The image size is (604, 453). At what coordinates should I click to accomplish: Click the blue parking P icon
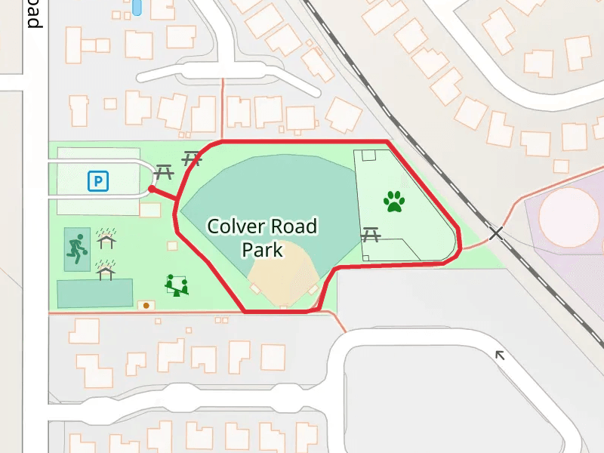point(98,181)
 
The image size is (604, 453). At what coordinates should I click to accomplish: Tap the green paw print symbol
point(394,202)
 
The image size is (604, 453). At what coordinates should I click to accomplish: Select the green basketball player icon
point(75,248)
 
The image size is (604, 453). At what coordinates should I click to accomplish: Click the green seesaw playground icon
point(177,285)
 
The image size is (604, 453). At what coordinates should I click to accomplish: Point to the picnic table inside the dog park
point(370,235)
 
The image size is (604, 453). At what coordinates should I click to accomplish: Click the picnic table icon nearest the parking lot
point(164,174)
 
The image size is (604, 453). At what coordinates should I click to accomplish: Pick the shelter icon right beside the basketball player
point(108,239)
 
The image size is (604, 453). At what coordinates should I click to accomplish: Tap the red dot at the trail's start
point(152,189)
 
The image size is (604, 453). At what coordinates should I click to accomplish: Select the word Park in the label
point(262,249)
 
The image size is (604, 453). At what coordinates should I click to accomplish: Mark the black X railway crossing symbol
point(496,233)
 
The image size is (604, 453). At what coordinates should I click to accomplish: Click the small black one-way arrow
point(499,354)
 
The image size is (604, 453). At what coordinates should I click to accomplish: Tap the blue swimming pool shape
point(137,7)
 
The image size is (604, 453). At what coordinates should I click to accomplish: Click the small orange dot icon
point(146,306)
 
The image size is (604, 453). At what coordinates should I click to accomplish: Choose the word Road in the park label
point(296,226)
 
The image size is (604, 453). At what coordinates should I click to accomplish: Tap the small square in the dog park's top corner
point(368,156)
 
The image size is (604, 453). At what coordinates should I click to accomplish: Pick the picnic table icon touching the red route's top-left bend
point(192,159)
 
